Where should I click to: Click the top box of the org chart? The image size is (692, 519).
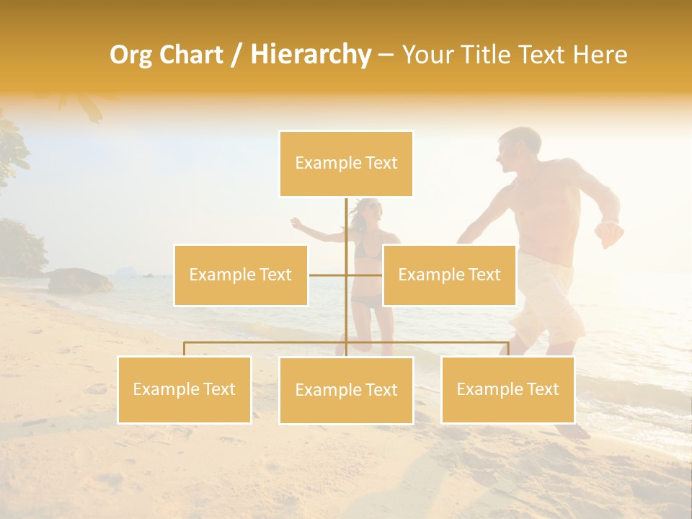[346, 164]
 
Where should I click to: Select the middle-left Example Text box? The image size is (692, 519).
[241, 275]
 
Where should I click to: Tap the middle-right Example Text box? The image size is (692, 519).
[449, 275]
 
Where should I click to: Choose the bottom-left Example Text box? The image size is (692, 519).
[185, 389]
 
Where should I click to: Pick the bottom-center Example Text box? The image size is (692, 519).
[346, 390]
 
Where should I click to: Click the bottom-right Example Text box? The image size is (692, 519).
[507, 389]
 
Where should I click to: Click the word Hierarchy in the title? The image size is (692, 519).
[310, 55]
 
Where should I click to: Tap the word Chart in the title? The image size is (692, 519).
[191, 55]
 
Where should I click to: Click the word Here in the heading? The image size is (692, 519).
[600, 55]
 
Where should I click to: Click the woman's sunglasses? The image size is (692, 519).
[370, 208]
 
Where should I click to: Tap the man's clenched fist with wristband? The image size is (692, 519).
[609, 232]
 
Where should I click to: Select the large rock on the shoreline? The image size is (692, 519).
[79, 280]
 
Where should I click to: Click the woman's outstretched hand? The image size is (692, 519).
[296, 223]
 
